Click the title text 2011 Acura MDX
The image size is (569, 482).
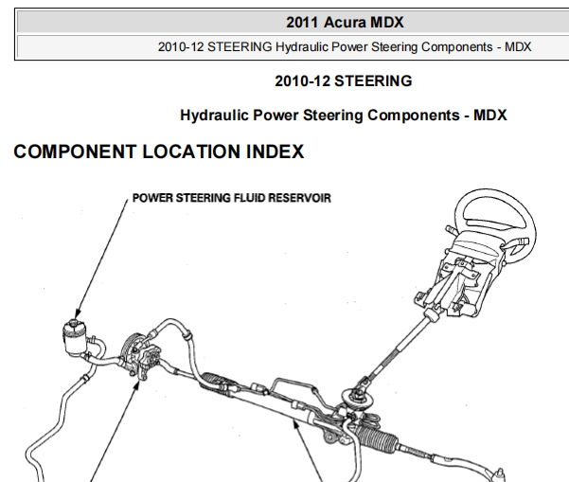tap(345, 23)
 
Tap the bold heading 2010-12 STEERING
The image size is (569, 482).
tap(344, 80)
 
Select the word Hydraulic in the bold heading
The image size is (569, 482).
tap(214, 116)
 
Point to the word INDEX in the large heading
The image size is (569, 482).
tap(276, 152)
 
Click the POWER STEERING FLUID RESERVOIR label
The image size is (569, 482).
tap(232, 198)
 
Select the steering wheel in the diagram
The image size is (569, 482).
tap(493, 225)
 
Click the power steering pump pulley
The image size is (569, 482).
tap(129, 351)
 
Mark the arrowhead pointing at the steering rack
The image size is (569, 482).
tap(296, 426)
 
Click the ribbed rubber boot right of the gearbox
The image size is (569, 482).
tap(378, 437)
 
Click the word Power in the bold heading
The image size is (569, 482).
tap(276, 116)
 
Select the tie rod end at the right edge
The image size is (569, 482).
tap(499, 473)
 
